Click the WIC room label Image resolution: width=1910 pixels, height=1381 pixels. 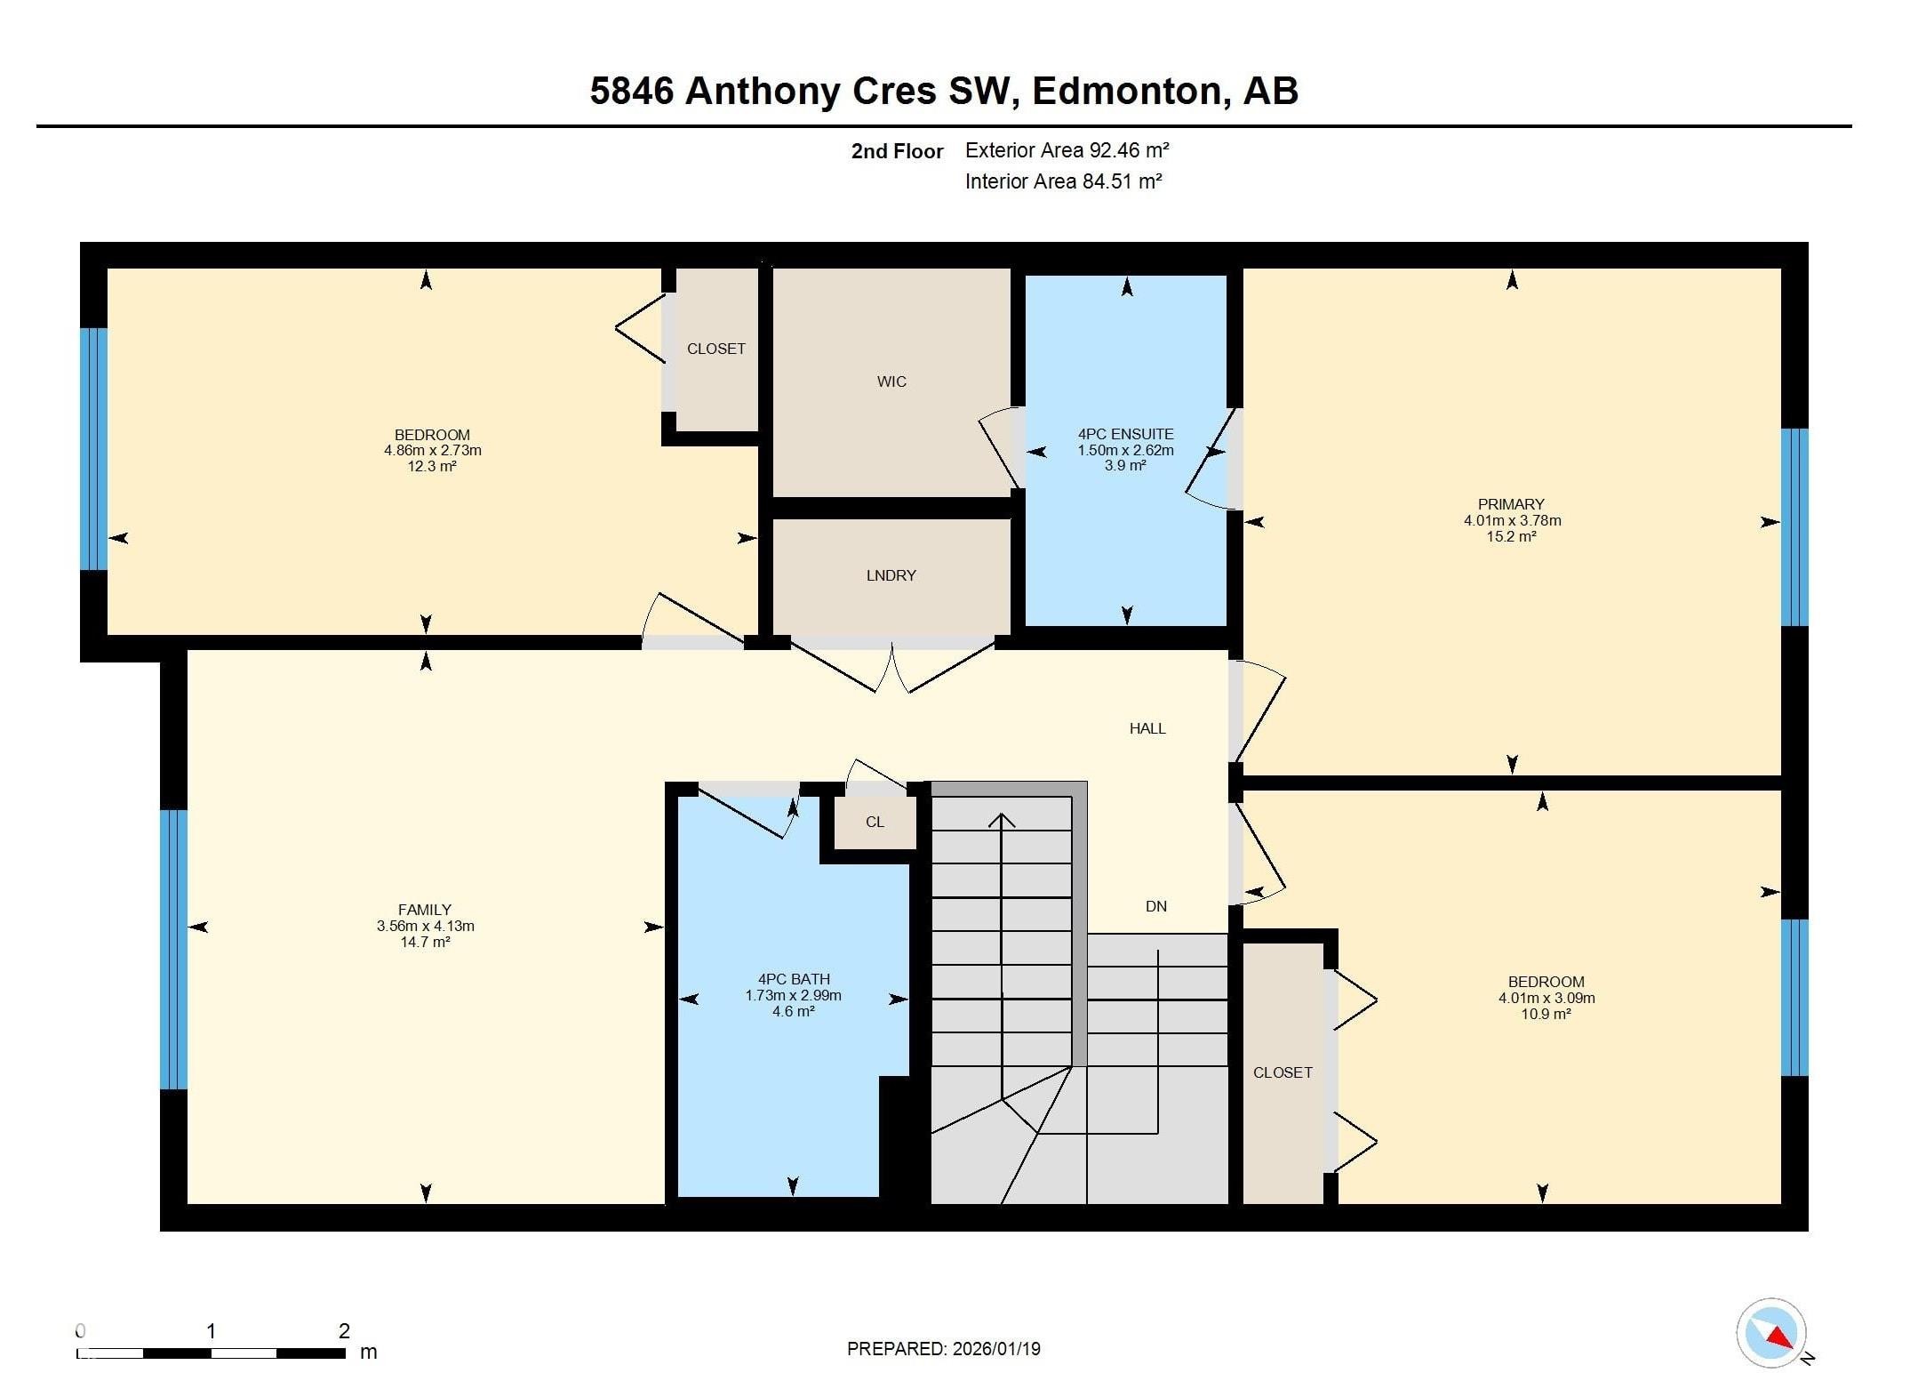(x=891, y=381)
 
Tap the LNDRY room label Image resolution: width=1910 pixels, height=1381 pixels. (x=891, y=575)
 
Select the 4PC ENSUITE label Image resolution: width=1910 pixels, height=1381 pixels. (x=1125, y=434)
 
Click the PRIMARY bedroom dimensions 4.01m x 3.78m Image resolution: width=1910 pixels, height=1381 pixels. (x=1512, y=520)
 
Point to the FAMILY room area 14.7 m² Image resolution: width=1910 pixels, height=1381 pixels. (x=425, y=942)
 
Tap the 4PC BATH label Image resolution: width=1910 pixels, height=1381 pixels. (x=793, y=979)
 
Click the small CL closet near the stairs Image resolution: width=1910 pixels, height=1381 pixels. (x=875, y=822)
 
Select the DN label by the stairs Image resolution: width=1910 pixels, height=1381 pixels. (x=1155, y=906)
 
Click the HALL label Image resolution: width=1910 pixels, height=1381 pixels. (x=1147, y=728)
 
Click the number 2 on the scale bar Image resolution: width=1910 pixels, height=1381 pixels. (x=344, y=1331)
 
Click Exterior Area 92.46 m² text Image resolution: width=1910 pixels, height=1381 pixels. (x=1067, y=150)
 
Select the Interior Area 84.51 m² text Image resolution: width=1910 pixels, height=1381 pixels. (x=1063, y=181)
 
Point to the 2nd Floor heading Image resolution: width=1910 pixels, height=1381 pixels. (x=897, y=151)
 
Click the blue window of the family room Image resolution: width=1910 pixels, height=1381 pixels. (x=173, y=949)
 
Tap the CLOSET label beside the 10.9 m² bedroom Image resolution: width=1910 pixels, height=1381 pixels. (x=1282, y=1072)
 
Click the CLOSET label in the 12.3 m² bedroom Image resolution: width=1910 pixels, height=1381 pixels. (x=715, y=349)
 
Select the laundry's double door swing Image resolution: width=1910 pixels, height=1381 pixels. (x=891, y=669)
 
